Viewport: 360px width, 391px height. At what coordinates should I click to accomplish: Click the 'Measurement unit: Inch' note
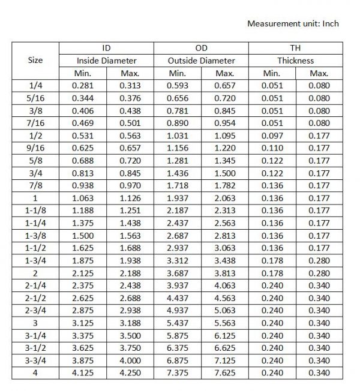[x=293, y=24]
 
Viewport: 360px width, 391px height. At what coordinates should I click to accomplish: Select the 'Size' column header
[x=35, y=61]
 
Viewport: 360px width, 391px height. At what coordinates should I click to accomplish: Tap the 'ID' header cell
[x=106, y=48]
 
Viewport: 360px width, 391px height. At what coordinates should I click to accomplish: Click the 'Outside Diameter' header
[x=201, y=61]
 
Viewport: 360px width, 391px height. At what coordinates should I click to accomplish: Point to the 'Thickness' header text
[x=295, y=61]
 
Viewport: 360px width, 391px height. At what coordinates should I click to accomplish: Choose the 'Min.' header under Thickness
[x=272, y=73]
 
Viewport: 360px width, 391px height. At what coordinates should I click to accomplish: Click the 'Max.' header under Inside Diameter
[x=130, y=73]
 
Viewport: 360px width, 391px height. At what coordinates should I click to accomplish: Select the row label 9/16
[x=35, y=148]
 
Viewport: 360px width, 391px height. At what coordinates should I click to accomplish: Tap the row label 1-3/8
[x=35, y=236]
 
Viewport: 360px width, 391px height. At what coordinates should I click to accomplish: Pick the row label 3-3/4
[x=35, y=360]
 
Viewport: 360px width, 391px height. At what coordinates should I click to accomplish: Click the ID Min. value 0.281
[x=83, y=86]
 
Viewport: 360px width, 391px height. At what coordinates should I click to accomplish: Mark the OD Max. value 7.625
[x=224, y=373]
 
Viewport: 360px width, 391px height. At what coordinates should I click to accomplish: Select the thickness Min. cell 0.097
[x=272, y=136]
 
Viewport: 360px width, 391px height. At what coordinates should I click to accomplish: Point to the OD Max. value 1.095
[x=224, y=136]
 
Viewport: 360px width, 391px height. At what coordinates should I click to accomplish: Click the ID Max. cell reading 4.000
[x=130, y=360]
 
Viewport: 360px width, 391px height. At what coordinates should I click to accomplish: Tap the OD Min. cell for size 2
[x=178, y=273]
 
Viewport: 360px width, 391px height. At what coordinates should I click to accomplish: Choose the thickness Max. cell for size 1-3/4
[x=319, y=260]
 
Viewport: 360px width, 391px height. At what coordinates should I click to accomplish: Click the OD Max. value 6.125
[x=224, y=335]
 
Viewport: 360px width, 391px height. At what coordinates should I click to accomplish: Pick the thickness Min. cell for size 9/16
[x=272, y=148]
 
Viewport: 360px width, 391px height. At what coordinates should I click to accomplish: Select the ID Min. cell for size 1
[x=83, y=198]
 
